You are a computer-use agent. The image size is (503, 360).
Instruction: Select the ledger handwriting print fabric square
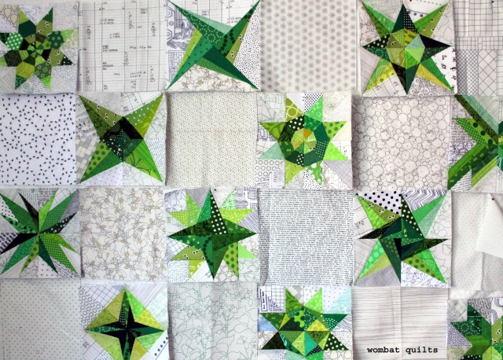122,46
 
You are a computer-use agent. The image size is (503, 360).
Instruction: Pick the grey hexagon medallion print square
309,46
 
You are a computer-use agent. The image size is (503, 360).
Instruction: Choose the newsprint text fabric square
304,235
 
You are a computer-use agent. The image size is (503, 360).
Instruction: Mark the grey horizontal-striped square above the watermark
399,314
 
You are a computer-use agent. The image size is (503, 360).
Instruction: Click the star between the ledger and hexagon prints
214,46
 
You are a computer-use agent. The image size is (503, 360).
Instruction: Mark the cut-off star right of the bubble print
479,141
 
